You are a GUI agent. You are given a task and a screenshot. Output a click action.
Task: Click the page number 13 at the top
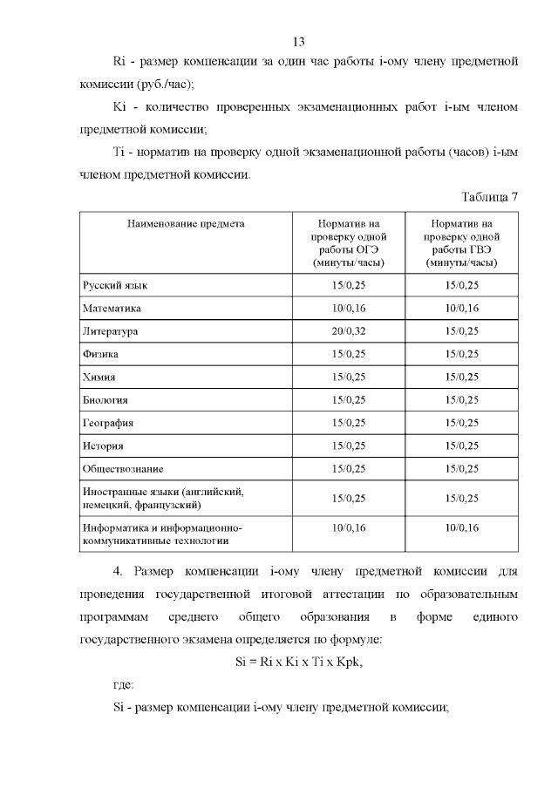(x=297, y=41)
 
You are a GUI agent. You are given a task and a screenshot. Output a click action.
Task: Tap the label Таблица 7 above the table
(x=489, y=196)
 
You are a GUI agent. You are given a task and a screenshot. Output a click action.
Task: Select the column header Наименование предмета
(x=186, y=224)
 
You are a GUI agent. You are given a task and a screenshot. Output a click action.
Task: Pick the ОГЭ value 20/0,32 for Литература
(x=349, y=331)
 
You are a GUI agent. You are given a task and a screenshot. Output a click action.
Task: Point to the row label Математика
(x=112, y=309)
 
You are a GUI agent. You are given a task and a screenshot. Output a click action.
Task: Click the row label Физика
(x=101, y=355)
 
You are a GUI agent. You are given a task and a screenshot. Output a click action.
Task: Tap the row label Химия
(x=99, y=377)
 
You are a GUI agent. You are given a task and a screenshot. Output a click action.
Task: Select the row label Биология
(x=105, y=400)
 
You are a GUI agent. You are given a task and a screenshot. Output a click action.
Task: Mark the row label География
(x=108, y=423)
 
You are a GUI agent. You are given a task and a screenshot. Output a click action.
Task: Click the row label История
(x=103, y=446)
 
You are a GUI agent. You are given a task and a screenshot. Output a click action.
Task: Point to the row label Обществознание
(x=123, y=469)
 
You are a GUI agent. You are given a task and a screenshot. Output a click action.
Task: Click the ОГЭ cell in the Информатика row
(x=349, y=528)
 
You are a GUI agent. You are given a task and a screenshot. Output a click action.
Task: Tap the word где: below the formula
(x=124, y=684)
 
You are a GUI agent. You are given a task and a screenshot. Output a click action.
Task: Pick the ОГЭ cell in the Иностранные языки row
(x=349, y=498)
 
